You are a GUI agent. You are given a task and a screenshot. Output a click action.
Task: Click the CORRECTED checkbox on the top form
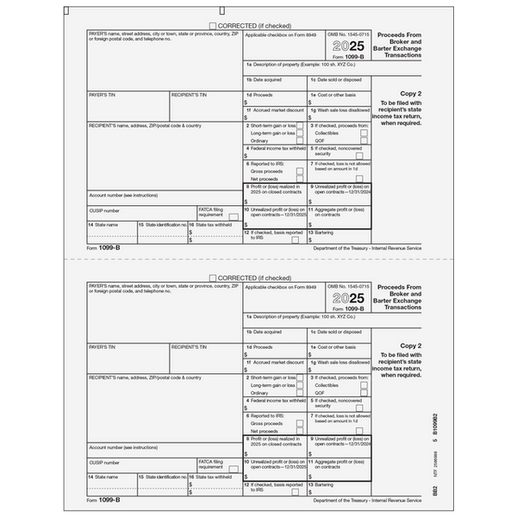(x=212, y=27)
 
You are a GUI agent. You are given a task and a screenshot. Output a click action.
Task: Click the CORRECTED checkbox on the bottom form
(x=212, y=278)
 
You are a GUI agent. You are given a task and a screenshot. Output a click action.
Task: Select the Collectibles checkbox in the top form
(x=364, y=134)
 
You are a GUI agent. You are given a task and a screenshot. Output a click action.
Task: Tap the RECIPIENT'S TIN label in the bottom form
(x=189, y=346)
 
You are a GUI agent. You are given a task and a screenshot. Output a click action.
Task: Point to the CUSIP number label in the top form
(x=104, y=210)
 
